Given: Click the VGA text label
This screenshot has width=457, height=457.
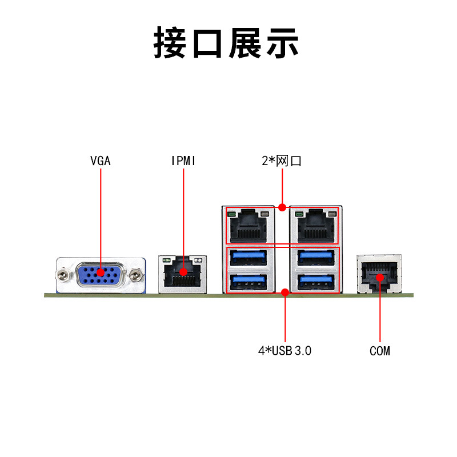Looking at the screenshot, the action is click(101, 161).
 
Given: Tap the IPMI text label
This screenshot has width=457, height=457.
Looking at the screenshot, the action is click(183, 161).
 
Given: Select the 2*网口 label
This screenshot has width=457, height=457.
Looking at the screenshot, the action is click(281, 161).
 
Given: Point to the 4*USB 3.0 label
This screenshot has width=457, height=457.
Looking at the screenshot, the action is click(284, 351).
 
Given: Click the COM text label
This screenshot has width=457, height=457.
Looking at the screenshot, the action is click(380, 351).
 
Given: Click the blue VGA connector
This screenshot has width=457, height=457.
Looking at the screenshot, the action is click(101, 275).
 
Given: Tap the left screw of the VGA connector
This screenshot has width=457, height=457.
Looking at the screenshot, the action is click(62, 275).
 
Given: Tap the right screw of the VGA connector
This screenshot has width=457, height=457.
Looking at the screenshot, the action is click(135, 275).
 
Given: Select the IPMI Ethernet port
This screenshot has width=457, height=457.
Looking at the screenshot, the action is click(182, 274).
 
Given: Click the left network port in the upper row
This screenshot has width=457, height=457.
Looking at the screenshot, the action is click(248, 226).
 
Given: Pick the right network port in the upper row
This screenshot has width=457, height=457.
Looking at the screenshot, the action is click(316, 226).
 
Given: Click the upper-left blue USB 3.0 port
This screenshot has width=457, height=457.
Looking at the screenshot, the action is click(248, 258).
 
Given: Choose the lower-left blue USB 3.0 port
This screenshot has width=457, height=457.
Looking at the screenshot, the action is click(248, 282).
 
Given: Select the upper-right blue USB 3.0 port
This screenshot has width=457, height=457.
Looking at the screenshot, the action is click(316, 258).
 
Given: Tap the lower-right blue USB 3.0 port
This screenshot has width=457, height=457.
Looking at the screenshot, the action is click(316, 282).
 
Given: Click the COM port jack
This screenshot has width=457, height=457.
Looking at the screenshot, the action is click(379, 274).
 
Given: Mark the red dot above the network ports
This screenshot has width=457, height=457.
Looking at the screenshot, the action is click(282, 207).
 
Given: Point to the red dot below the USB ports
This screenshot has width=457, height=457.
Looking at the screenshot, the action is click(285, 292).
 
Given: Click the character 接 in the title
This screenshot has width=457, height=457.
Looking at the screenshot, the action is click(170, 43).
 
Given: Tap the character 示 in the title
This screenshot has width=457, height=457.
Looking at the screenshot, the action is click(282, 43).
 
